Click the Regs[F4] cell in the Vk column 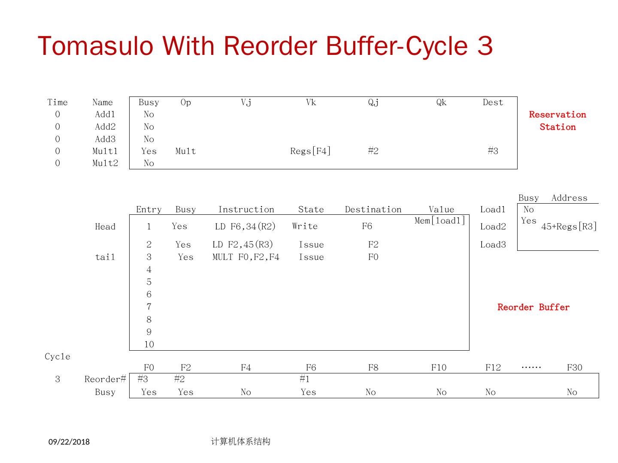pyautogui.click(x=310, y=151)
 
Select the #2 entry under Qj pyautogui.click(x=373, y=151)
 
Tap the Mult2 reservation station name pyautogui.click(x=105, y=163)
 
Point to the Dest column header pyautogui.click(x=492, y=102)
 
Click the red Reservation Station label pyautogui.click(x=557, y=121)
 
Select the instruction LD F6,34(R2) pyautogui.click(x=245, y=226)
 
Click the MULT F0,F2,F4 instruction pyautogui.click(x=245, y=257)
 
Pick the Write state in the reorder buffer pyautogui.click(x=305, y=226)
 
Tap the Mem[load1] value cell pyautogui.click(x=440, y=221)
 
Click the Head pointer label pyautogui.click(x=105, y=227)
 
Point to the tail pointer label pyautogui.click(x=105, y=257)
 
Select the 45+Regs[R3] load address pyautogui.click(x=569, y=227)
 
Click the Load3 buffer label pyautogui.click(x=493, y=245)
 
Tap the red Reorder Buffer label pyautogui.click(x=533, y=307)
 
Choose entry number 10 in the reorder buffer pyautogui.click(x=148, y=345)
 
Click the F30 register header pyautogui.click(x=574, y=368)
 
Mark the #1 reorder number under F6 pyautogui.click(x=304, y=379)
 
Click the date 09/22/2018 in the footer pyautogui.click(x=69, y=442)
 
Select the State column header pyautogui.click(x=311, y=210)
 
